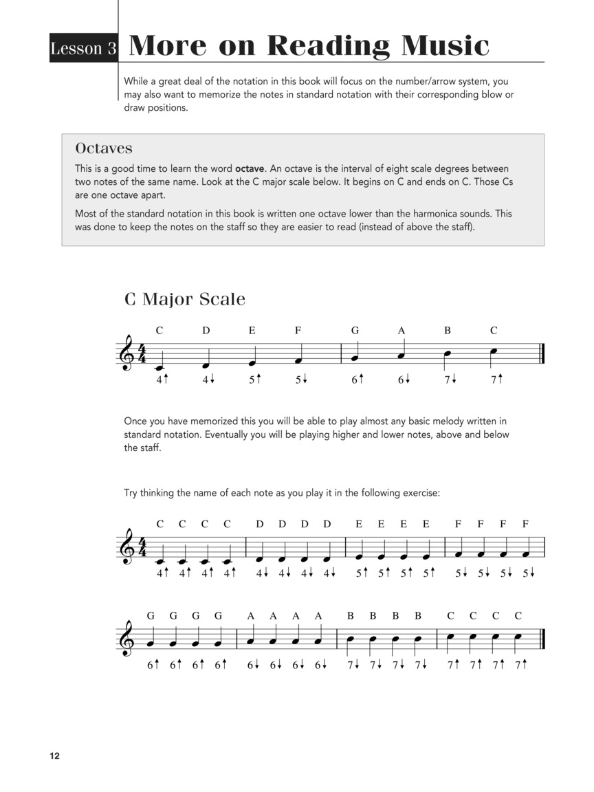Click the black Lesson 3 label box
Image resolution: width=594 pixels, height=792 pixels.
83,48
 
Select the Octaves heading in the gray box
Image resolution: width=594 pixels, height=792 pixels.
104,148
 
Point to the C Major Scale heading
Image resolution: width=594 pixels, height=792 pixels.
184,300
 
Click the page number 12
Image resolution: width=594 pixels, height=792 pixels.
54,756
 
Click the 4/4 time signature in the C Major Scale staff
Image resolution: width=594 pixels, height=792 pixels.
142,355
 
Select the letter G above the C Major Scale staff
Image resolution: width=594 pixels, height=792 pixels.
355,331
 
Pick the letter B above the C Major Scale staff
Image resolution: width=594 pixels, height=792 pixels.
447,331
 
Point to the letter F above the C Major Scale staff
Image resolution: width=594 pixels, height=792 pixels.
298,331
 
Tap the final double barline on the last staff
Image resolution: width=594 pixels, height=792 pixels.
542,639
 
